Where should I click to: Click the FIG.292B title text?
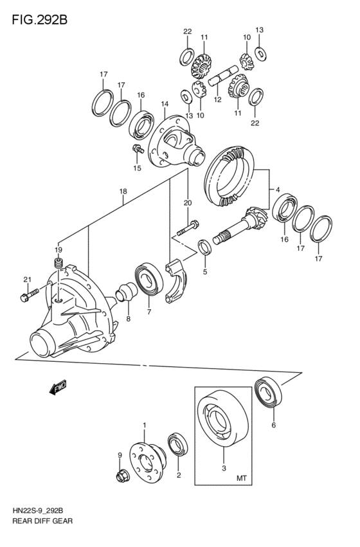point(39,20)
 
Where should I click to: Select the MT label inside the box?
point(242,478)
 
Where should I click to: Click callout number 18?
point(123,191)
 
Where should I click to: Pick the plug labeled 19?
point(59,264)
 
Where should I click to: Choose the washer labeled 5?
point(205,247)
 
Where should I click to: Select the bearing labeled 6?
point(269,391)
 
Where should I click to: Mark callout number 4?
point(278,190)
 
